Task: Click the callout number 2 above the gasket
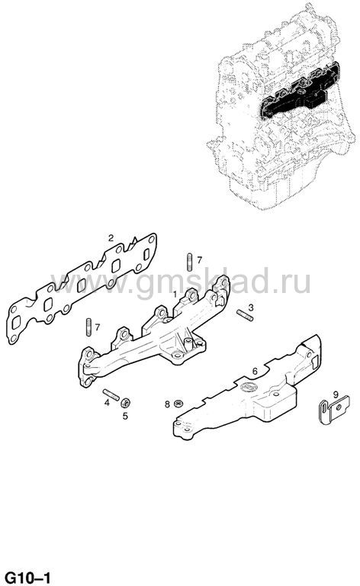(x=111, y=238)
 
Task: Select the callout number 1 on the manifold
(x=175, y=294)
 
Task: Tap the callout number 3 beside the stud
(x=251, y=307)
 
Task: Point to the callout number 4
(x=107, y=403)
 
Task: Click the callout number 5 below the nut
(x=125, y=415)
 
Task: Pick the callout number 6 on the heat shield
(x=255, y=371)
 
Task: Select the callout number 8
(x=167, y=404)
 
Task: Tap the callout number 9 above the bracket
(x=336, y=394)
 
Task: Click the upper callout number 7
(x=199, y=259)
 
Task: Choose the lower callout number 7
(x=97, y=327)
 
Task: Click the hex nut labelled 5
(x=125, y=403)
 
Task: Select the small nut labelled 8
(x=179, y=403)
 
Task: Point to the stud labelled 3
(x=245, y=315)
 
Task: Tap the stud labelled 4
(x=111, y=394)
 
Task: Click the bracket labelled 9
(x=334, y=410)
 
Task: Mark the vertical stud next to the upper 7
(x=189, y=261)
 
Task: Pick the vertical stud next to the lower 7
(x=88, y=327)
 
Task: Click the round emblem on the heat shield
(x=246, y=387)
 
